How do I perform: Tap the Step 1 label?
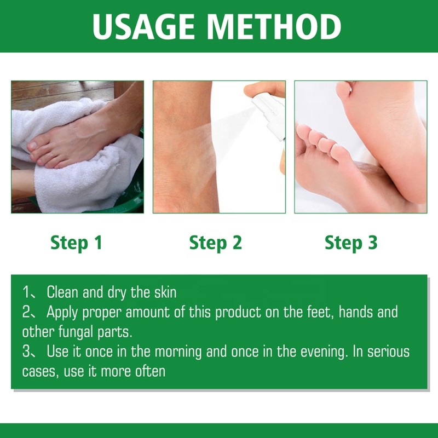77,243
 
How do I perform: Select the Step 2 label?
215,243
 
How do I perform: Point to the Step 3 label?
351,243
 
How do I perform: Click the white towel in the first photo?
93,181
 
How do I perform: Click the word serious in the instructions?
390,351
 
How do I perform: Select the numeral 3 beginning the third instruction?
27,351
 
